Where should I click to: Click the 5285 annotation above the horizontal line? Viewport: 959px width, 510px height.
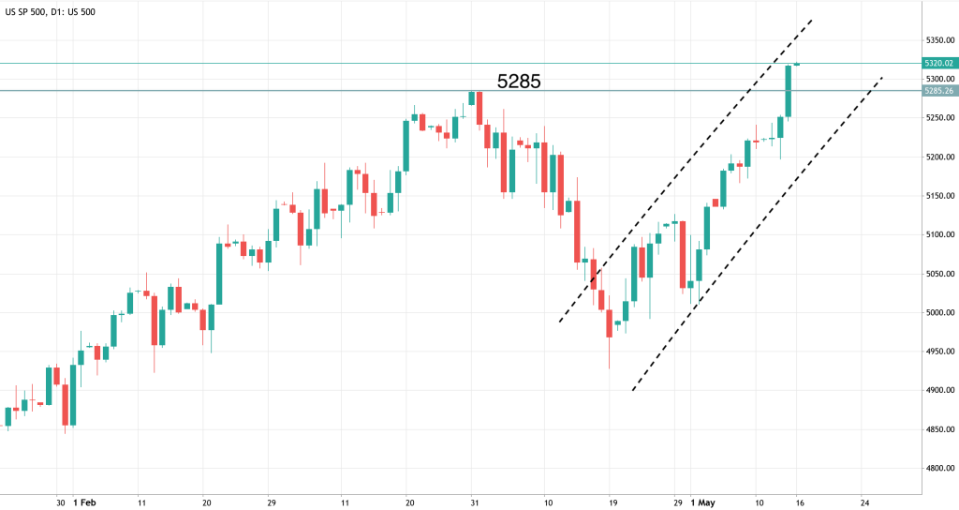tap(518, 82)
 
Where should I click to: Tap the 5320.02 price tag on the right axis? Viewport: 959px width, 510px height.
tap(937, 63)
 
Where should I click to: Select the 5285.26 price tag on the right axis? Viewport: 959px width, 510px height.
tap(937, 91)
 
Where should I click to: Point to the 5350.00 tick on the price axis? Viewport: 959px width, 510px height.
tap(937, 40)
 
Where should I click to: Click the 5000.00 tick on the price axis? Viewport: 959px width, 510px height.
tap(937, 312)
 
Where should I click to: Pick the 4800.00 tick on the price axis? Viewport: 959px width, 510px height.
tap(937, 469)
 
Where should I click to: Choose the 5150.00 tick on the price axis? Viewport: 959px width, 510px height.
tap(937, 196)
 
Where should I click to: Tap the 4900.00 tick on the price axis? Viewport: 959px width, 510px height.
tap(937, 390)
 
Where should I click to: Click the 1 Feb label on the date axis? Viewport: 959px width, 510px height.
tap(85, 502)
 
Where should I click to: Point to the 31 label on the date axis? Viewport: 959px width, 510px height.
tap(475, 502)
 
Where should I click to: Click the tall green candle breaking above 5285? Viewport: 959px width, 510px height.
tap(789, 92)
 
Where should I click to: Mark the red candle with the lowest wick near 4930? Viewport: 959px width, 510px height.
tap(609, 323)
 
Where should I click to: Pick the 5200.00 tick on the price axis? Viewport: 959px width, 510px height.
tap(937, 157)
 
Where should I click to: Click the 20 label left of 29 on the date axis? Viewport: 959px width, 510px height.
tap(206, 502)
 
